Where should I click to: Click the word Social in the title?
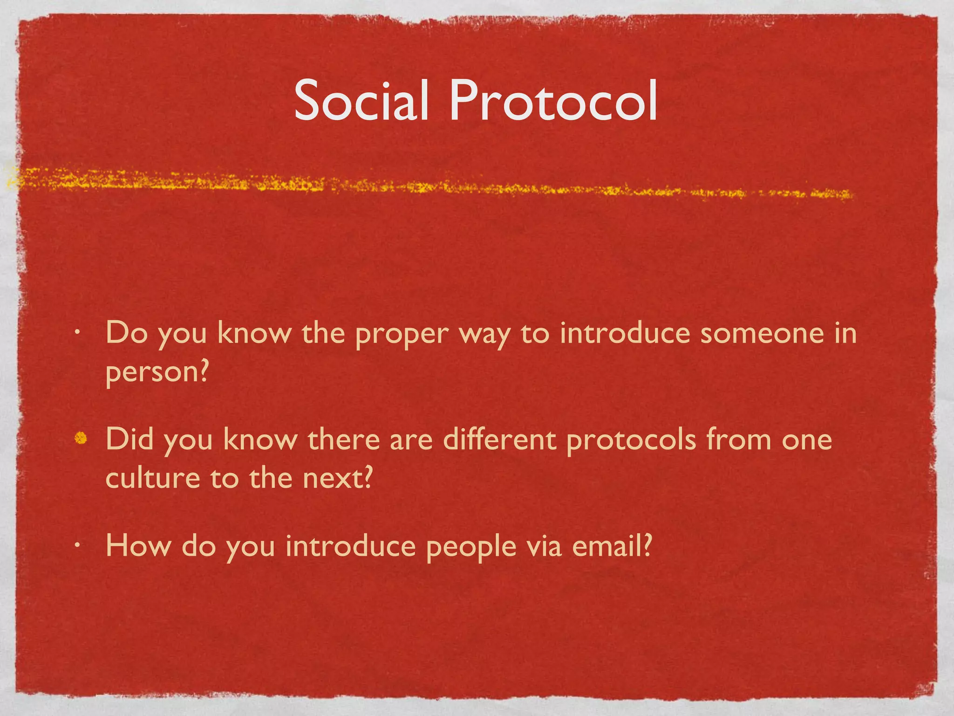pos(361,100)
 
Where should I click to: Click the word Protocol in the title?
pos(553,100)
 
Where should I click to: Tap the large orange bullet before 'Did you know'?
pos(81,438)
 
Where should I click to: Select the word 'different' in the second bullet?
pos(499,439)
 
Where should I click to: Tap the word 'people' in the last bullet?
pos(471,546)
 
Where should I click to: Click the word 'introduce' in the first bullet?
pos(625,333)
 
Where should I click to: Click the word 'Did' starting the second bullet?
pos(129,439)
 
